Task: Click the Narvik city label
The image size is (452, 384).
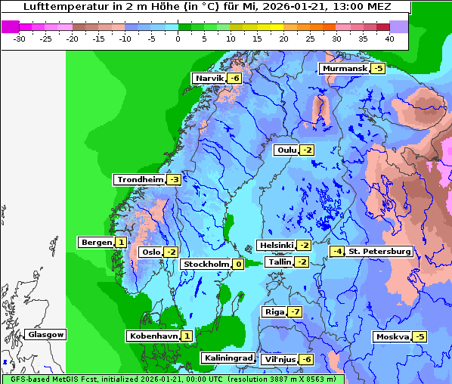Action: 209,79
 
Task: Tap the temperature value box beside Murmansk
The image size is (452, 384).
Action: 378,69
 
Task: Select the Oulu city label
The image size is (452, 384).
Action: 286,150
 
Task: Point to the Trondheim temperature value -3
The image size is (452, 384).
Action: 174,180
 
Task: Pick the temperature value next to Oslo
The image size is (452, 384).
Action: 172,252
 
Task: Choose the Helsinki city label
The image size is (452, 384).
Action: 276,245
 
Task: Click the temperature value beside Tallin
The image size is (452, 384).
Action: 302,262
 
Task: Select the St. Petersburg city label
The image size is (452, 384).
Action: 379,251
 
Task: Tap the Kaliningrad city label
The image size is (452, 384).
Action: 228,358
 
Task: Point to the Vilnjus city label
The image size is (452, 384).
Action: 278,359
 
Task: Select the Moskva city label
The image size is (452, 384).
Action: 392,336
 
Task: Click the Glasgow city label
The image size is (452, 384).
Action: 46,334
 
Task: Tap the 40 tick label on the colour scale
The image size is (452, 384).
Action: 389,38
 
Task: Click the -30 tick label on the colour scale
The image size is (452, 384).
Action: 20,38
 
